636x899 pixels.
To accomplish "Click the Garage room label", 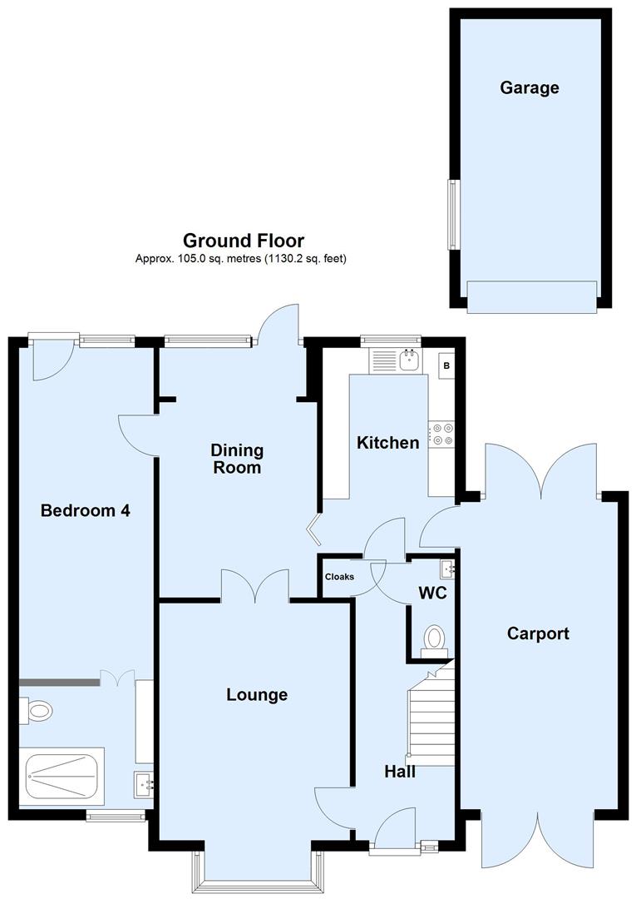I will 529,87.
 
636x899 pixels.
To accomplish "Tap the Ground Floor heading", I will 244,241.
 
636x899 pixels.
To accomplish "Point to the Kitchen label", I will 387,443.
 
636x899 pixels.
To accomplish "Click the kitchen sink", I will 408,360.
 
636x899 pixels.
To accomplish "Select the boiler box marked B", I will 446,365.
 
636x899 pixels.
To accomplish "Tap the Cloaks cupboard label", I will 339,577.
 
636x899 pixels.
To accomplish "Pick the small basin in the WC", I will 448,569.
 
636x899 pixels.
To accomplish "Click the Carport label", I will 539,634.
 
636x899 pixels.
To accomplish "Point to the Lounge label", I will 257,695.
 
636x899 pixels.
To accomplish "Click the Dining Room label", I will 237,459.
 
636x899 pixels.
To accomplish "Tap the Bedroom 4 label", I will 86,510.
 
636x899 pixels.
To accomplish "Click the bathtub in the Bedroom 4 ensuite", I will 64,776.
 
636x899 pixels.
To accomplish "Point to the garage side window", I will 453,214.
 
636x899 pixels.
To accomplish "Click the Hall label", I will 400,772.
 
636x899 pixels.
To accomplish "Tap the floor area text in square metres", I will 241,259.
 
